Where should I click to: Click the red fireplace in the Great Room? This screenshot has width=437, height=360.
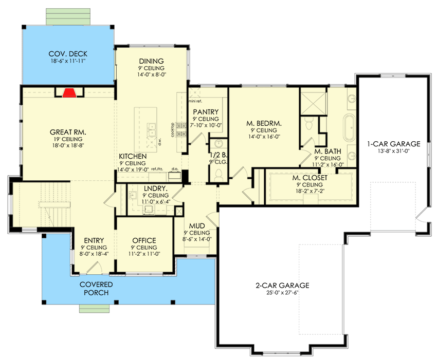[69, 92]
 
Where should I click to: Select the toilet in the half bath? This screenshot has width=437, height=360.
[219, 175]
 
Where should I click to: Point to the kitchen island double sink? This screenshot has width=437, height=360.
[151, 131]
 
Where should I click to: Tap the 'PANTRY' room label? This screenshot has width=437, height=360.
[206, 112]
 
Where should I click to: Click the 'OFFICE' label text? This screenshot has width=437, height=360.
[144, 240]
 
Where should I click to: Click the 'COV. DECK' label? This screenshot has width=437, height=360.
[67, 53]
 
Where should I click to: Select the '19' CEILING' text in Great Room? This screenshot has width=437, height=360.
[67, 139]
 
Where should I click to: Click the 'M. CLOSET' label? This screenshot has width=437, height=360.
[308, 178]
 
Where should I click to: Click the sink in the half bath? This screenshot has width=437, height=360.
[219, 144]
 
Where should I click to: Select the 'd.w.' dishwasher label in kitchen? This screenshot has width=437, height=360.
[160, 140]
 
